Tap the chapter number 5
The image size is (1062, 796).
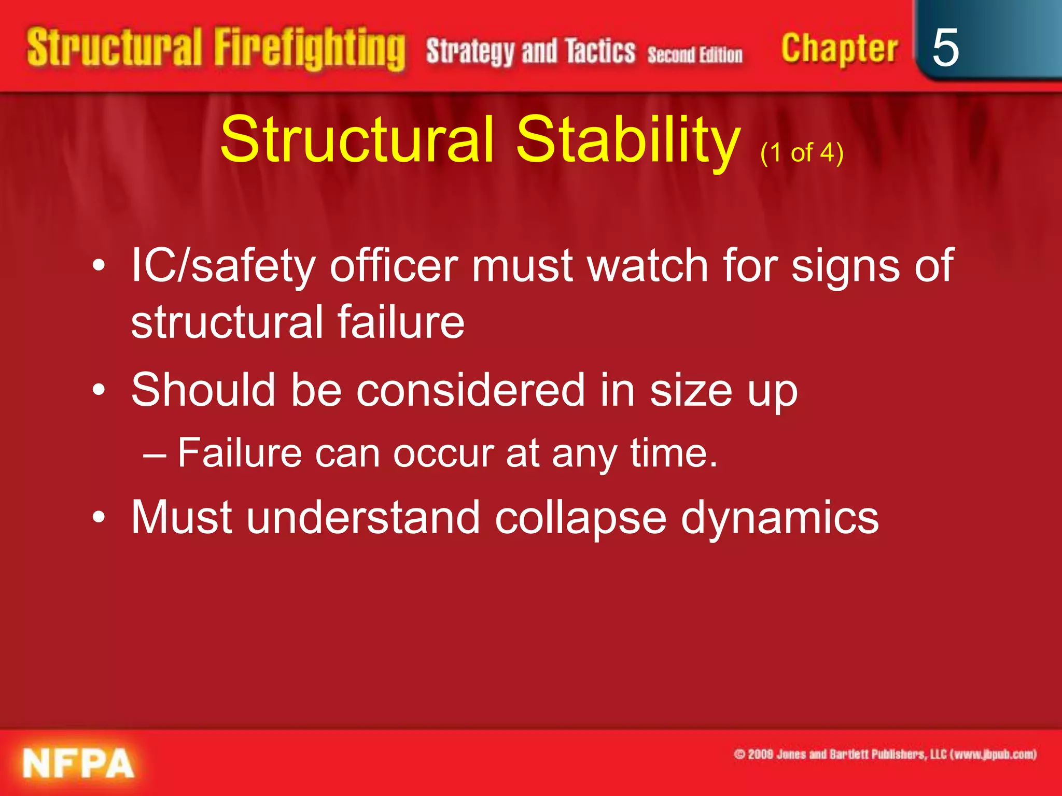pos(945,48)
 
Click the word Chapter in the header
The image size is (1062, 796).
pos(839,49)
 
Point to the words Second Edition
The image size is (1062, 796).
pos(694,54)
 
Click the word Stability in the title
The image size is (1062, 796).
pos(628,139)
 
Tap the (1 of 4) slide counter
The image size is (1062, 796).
pos(802,153)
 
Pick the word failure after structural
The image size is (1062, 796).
pos(401,322)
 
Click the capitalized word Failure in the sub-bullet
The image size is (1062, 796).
pos(240,453)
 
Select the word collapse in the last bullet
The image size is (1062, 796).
pos(580,518)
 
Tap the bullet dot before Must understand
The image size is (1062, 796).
pos(99,517)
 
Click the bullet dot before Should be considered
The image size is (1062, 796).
pos(99,390)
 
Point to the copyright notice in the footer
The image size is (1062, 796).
pos(885,754)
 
